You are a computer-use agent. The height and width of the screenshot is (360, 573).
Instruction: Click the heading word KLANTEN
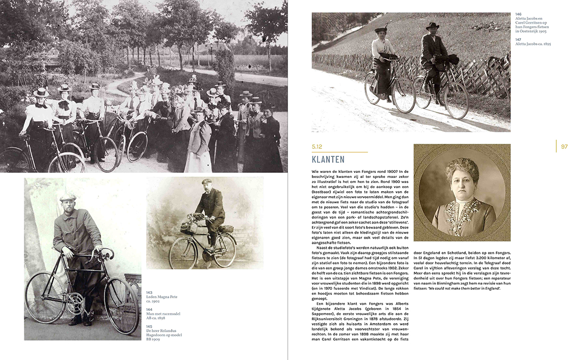328,160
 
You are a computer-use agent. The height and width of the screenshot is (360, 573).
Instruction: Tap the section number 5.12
317,147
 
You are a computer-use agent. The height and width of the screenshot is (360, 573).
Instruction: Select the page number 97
564,147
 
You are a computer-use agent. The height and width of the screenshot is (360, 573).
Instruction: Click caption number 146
518,14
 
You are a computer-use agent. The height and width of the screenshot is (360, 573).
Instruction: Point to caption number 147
518,39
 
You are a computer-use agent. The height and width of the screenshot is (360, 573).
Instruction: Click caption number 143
149,292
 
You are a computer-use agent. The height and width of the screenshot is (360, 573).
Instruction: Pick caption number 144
149,309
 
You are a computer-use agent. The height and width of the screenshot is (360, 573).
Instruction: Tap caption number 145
149,326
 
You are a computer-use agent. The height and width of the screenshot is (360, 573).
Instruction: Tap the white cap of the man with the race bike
68,197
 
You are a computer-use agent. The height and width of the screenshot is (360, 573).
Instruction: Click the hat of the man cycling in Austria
432,25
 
